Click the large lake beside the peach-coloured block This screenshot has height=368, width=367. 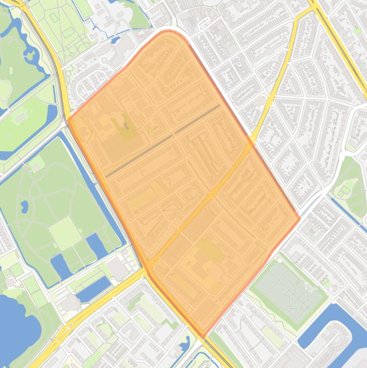17,325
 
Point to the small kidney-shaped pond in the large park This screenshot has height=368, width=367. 24,207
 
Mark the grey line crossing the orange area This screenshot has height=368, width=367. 162,141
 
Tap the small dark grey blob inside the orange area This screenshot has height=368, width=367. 126,125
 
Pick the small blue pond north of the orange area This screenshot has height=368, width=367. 115,41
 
